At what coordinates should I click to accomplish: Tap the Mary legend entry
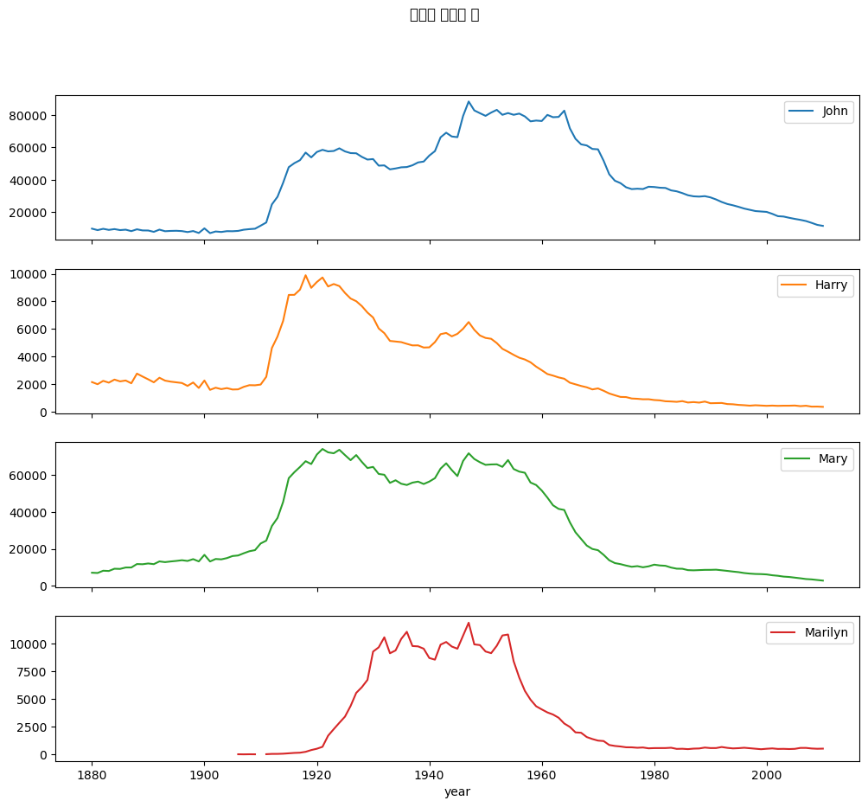coord(816,459)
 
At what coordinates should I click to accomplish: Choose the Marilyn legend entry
coord(809,633)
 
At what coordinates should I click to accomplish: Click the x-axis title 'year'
coord(457,791)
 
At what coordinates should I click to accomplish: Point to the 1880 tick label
coord(92,775)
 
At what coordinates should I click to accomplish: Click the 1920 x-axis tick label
coord(316,775)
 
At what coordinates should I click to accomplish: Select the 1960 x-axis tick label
coord(542,775)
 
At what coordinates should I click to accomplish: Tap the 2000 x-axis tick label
coord(767,775)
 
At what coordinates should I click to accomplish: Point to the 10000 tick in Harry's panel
coord(32,274)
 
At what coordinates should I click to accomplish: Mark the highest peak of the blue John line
coord(469,101)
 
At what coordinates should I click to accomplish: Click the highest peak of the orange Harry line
coord(305,275)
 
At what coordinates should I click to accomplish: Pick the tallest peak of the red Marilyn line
coord(469,623)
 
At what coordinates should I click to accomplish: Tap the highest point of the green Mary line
coord(322,449)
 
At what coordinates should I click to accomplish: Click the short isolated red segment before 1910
coord(246,754)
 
